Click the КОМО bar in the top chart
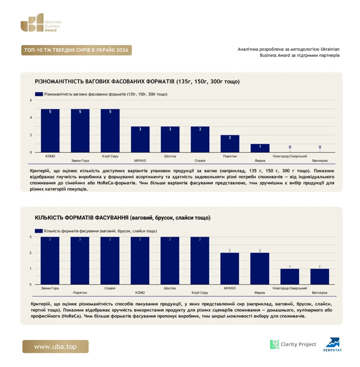(50, 130)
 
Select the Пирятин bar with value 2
(230, 144)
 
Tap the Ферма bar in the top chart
(260, 148)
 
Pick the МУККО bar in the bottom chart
(229, 268)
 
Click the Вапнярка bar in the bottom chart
(319, 276)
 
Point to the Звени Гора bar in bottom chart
(50, 261)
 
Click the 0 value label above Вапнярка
(320, 147)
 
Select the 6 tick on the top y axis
(31, 100)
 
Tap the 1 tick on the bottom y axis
(30, 269)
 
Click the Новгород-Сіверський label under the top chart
(290, 156)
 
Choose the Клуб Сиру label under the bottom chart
(200, 292)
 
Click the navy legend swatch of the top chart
(39, 94)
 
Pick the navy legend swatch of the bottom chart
(39, 231)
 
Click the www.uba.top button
(56, 347)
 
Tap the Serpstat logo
(333, 344)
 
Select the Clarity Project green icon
(275, 344)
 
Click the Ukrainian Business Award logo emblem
(32, 23)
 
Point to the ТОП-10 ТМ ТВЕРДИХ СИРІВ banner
(76, 50)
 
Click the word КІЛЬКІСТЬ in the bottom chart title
(49, 218)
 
